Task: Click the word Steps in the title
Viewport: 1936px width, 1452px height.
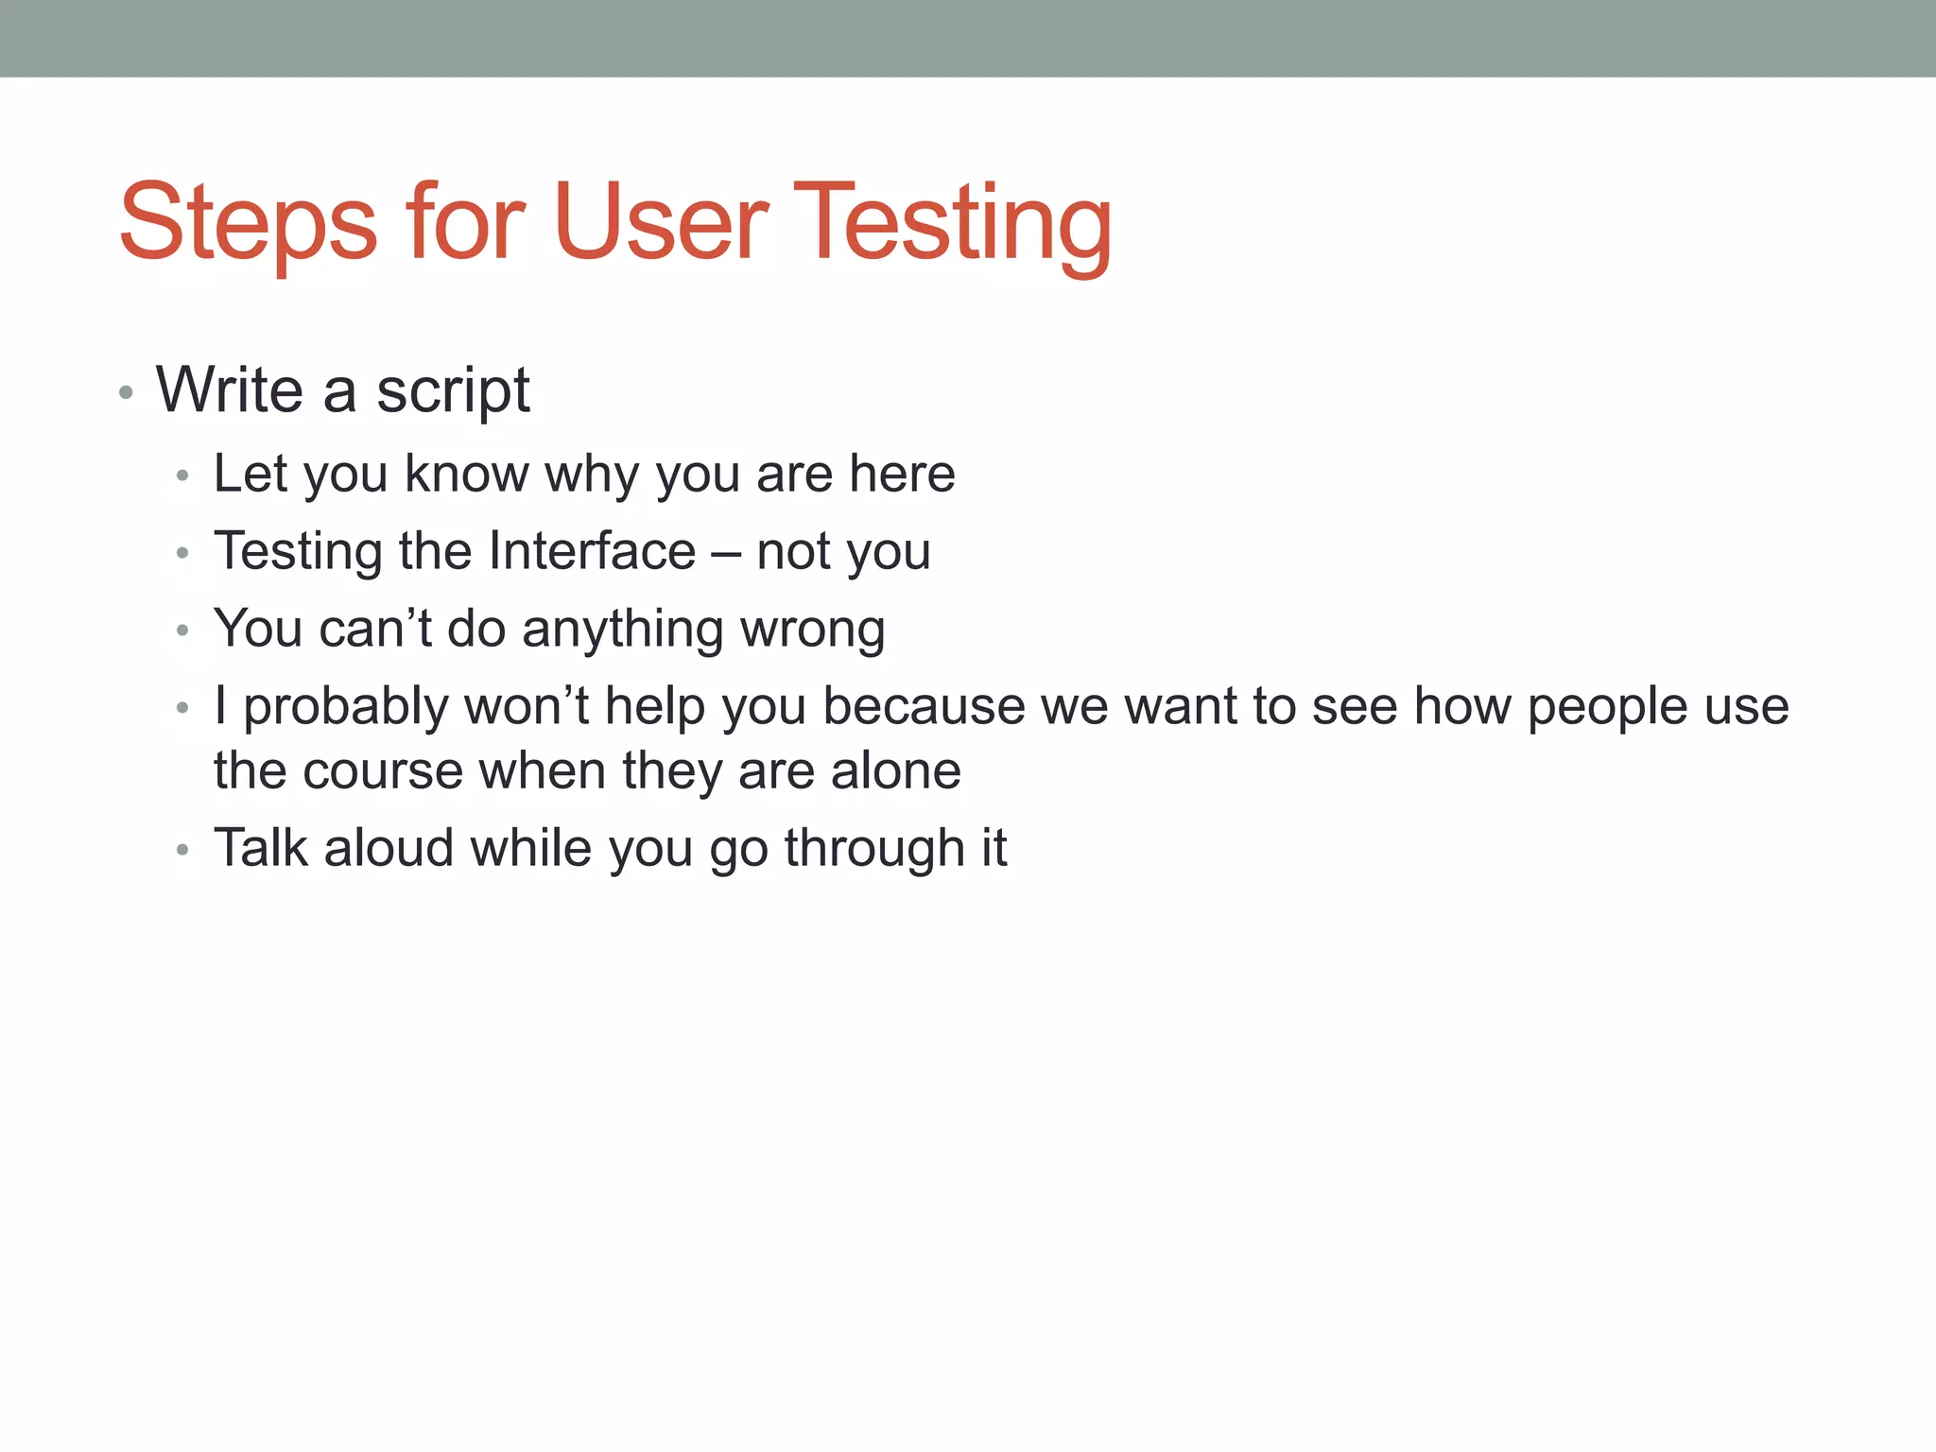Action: pos(248,223)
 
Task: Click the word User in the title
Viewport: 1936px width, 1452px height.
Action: pos(661,223)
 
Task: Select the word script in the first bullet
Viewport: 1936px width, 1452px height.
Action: pos(453,390)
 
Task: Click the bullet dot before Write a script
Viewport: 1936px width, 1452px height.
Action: pos(126,392)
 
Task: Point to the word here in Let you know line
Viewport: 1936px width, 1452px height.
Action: pos(902,474)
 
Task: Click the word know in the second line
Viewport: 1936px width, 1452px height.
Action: pos(466,474)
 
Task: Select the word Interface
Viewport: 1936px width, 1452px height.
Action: pos(593,551)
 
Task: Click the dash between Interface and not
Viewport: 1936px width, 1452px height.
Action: pos(725,553)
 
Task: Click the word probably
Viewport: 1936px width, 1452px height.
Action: pos(346,708)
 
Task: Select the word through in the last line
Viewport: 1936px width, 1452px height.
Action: pos(861,848)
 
